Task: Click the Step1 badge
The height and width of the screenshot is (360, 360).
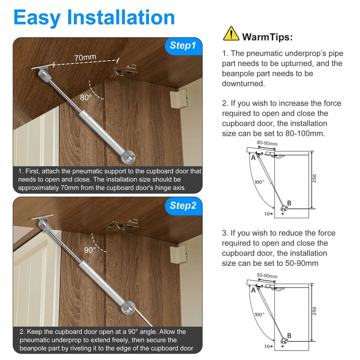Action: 182,45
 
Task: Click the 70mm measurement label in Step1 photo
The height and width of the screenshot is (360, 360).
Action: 85,58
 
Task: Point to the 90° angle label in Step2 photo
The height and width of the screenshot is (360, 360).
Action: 90,250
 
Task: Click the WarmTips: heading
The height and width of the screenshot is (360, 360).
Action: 267,36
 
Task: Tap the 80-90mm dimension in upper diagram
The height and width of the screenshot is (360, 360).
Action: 267,144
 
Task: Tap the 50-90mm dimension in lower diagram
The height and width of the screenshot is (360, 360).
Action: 267,276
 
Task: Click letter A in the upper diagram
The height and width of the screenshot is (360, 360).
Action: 253,157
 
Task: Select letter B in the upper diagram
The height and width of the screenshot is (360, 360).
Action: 289,203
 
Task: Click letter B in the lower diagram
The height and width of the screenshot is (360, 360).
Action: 289,336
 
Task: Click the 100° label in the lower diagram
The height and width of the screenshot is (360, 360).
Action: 259,315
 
